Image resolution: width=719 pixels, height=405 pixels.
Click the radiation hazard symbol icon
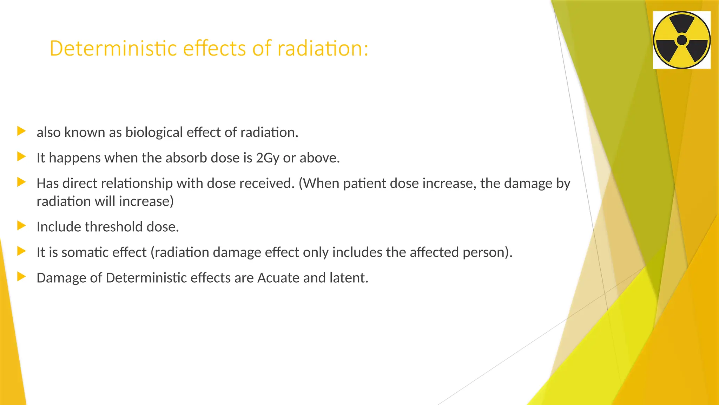click(x=681, y=40)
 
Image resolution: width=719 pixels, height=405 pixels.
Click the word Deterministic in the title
click(x=113, y=48)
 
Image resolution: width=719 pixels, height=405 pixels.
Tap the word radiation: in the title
click(x=323, y=48)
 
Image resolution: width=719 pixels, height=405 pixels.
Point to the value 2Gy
click(x=268, y=158)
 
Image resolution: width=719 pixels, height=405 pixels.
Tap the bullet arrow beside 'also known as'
click(x=21, y=131)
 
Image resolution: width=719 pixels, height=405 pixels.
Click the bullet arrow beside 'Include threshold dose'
click(x=21, y=226)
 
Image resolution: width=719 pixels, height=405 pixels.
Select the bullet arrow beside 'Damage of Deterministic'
click(x=21, y=277)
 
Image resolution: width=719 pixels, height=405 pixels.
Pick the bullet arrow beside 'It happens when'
click(x=21, y=157)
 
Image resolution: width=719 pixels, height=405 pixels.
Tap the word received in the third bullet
click(x=268, y=184)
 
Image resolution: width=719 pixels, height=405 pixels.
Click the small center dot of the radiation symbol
click(x=681, y=40)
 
